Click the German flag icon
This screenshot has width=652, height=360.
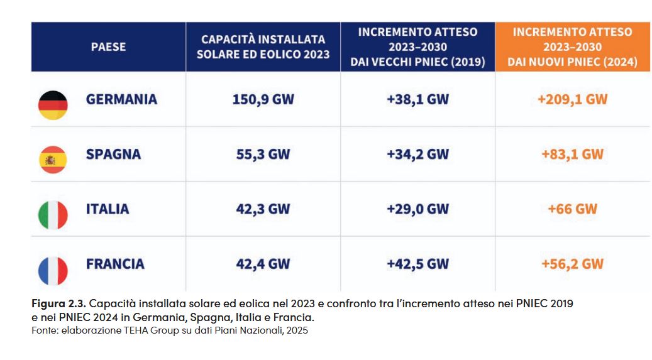(x=53, y=105)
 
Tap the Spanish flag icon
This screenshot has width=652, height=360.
(x=53, y=160)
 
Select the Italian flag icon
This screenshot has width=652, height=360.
(x=53, y=215)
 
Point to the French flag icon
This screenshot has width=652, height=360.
(x=53, y=270)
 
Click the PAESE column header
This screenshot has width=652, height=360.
(x=108, y=47)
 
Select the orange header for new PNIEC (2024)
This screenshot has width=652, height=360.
(x=572, y=47)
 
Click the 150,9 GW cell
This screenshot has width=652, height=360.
(x=263, y=99)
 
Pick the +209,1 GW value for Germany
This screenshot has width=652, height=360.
(x=572, y=99)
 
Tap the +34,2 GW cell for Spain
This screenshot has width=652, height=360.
(x=417, y=155)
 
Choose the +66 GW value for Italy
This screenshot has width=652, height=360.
(x=572, y=209)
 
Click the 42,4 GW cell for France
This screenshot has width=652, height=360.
(x=263, y=264)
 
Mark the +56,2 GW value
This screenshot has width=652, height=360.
(x=572, y=264)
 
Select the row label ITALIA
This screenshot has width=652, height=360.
(x=108, y=209)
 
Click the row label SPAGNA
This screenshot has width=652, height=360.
(x=113, y=155)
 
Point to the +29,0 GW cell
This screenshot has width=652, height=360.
(x=417, y=209)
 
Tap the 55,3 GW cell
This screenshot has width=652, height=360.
(x=263, y=155)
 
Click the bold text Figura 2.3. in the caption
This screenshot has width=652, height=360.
(x=58, y=303)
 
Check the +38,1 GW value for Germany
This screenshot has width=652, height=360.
(x=417, y=99)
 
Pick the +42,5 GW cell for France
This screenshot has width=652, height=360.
(x=417, y=264)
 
